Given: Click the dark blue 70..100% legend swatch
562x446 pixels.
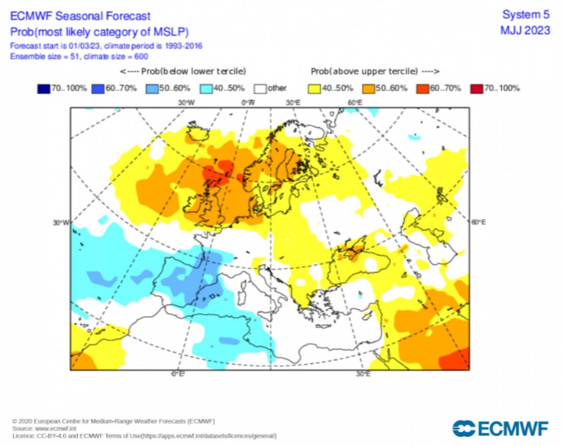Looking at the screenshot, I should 43,89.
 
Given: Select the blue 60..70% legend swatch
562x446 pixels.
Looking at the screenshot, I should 97,89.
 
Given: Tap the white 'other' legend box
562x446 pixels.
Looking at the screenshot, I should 260,89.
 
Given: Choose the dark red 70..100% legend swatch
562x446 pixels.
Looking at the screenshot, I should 476,89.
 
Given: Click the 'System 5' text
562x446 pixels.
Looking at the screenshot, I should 526,15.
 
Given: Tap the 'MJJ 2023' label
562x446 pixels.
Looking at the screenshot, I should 525,30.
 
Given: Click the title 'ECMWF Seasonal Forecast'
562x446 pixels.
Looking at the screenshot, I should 80,16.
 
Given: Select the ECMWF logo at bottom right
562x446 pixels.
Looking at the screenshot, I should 501,428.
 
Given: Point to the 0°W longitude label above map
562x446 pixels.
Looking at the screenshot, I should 248,103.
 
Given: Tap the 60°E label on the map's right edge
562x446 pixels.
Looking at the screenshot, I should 479,222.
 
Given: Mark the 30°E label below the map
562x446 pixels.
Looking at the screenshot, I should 363,374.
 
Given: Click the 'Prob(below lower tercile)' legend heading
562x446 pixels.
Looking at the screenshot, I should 183,71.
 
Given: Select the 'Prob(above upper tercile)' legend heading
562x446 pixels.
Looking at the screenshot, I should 375,71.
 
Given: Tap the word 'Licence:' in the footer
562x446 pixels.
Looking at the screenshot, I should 23,436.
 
